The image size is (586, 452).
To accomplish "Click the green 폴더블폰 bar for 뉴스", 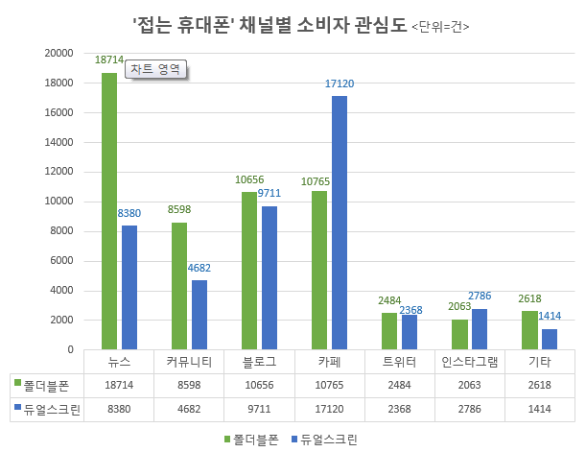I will pyautogui.click(x=109, y=211).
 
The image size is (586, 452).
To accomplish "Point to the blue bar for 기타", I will pyautogui.click(x=550, y=339).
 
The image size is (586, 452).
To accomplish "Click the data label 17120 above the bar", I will pyautogui.click(x=340, y=84).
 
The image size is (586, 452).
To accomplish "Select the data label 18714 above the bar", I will pyautogui.click(x=109, y=59).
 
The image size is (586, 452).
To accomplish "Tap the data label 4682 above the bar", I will pyautogui.click(x=199, y=269).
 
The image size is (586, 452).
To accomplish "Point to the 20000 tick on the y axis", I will pyautogui.click(x=59, y=54).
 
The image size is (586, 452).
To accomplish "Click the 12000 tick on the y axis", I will pyautogui.click(x=59, y=172).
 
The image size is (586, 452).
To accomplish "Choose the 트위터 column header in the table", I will pyautogui.click(x=399, y=362).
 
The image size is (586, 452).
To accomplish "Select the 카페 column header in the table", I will pyautogui.click(x=329, y=362).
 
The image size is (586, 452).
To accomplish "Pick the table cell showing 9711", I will pyautogui.click(x=259, y=409).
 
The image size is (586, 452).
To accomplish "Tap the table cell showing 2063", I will pyautogui.click(x=469, y=384).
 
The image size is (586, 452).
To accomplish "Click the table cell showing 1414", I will pyautogui.click(x=539, y=409).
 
